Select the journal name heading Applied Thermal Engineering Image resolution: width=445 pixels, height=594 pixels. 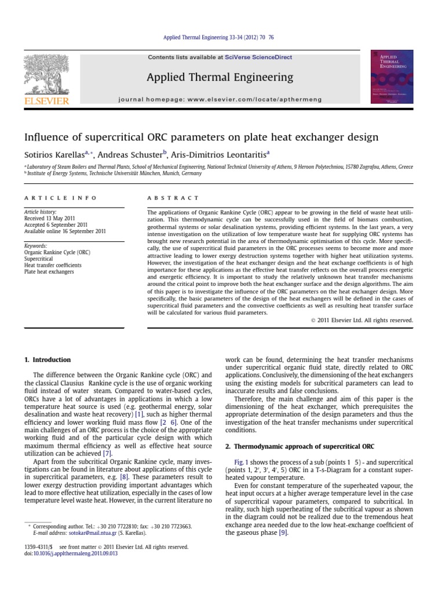point(220,78)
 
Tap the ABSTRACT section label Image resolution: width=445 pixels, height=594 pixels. point(173,198)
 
